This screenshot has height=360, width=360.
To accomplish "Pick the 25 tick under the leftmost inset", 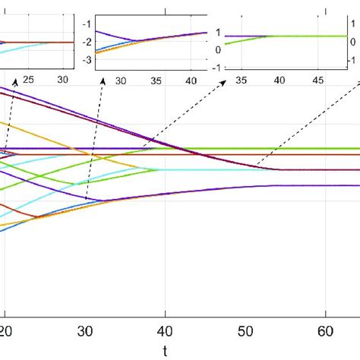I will [x=28, y=79].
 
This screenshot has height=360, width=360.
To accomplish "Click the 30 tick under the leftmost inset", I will [x=64, y=79].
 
